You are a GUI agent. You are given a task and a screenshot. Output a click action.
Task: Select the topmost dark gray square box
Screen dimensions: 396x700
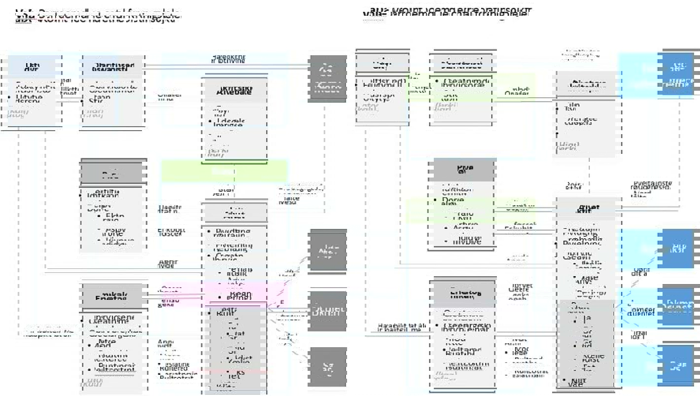click(x=328, y=79)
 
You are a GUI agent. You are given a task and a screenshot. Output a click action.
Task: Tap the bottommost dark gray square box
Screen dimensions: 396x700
click(x=328, y=366)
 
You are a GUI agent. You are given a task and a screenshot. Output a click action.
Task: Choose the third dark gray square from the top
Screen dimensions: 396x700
click(x=328, y=311)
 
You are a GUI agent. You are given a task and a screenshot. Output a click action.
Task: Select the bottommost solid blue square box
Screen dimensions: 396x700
click(x=679, y=365)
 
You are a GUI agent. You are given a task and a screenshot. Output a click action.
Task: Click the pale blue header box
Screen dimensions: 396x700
click(x=34, y=66)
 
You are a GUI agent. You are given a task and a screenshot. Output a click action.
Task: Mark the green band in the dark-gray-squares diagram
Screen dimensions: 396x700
click(x=224, y=171)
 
